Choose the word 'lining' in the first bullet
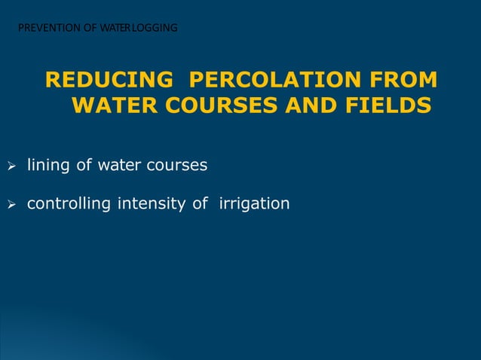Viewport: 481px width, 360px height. [x=49, y=165]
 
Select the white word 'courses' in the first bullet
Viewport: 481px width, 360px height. [x=178, y=165]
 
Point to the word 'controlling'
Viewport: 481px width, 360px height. [x=68, y=204]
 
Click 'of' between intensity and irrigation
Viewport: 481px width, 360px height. [x=199, y=204]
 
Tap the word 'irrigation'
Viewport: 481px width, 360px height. [x=253, y=204]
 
